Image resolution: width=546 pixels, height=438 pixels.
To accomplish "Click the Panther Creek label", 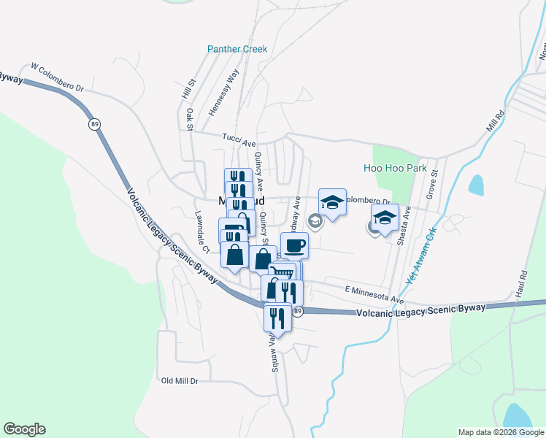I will pos(237,50).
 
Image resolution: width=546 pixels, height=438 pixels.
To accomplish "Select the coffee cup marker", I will pos(294,245).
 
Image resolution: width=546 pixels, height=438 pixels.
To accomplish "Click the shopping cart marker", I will pos(284,273).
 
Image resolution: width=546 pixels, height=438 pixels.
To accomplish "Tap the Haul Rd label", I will pos(523,284).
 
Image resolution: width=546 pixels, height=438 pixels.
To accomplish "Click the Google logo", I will pos(24,429).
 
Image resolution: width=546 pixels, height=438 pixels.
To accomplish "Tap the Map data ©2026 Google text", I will pos(500,432).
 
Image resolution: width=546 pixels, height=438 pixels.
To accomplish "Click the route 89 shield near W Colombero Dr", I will pos(95,125).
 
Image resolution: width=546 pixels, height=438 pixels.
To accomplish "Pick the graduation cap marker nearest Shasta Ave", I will pos(385,217).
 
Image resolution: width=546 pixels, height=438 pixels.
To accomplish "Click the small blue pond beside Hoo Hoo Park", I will pos(476,185).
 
